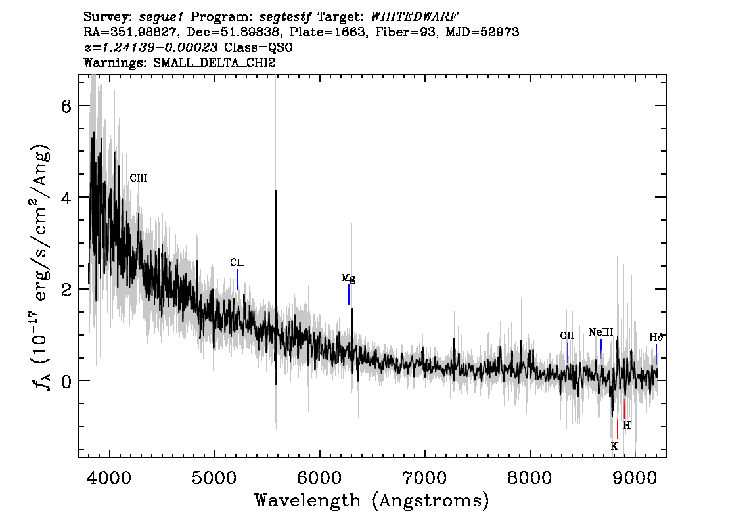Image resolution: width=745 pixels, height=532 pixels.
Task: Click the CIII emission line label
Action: pos(139,178)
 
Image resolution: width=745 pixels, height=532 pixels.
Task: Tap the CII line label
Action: pos(237,263)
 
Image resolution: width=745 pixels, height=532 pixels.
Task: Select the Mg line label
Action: pos(348,278)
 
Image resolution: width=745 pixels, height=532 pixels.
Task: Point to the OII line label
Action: pos(567,336)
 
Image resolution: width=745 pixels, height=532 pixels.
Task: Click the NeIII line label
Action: pos(600,332)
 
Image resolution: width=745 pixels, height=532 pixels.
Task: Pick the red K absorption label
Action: pos(614,447)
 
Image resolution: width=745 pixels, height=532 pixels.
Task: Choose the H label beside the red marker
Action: pos(627,425)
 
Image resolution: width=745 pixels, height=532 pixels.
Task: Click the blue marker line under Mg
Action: pos(349,294)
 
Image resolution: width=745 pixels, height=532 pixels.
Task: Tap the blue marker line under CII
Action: pos(237,280)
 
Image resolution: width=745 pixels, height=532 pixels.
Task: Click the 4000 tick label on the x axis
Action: pos(110,477)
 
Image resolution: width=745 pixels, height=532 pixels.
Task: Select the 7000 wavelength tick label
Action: pos(424,477)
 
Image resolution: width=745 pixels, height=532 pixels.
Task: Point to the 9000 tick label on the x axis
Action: pos(634,477)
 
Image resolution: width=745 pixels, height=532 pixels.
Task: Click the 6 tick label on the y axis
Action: pos(66,106)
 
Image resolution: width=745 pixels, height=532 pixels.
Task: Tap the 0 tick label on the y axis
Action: pos(66,382)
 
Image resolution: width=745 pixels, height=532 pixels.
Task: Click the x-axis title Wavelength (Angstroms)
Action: pos(372,501)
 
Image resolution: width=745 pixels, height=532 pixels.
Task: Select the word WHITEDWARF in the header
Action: pos(415,17)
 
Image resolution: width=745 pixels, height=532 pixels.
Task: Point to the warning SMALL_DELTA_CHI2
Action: pos(214,62)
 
